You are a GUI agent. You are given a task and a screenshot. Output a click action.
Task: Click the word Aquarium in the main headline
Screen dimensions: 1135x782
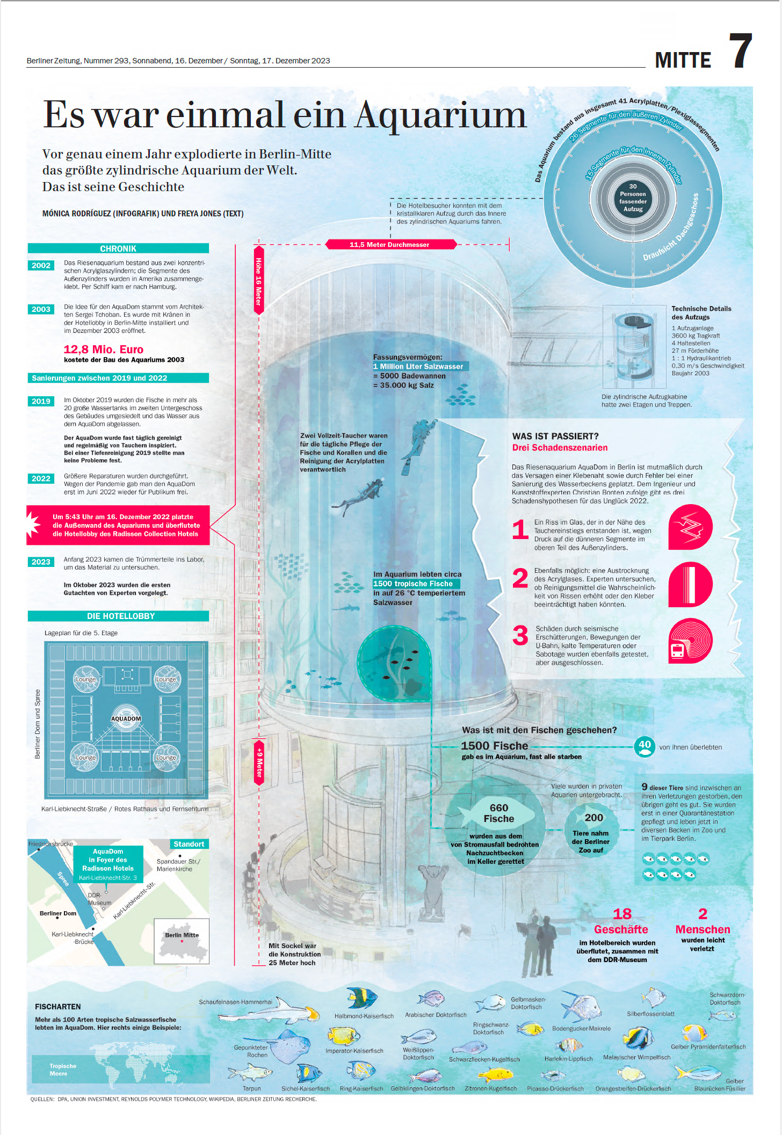click(440, 115)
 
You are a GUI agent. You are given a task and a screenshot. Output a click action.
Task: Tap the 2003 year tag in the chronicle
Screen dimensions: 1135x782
click(41, 309)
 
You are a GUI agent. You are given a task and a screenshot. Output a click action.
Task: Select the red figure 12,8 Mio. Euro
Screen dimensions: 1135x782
click(104, 350)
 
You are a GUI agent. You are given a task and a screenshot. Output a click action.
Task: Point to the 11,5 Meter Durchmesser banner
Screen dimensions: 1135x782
click(390, 245)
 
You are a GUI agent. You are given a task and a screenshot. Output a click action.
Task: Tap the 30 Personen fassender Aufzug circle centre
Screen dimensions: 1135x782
click(633, 198)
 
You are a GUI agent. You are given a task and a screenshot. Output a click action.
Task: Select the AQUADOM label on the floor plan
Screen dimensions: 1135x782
click(126, 718)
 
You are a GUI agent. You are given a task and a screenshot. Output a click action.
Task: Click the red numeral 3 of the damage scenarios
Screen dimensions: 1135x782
click(520, 636)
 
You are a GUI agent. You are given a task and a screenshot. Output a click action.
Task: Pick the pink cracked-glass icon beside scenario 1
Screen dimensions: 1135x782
click(690, 527)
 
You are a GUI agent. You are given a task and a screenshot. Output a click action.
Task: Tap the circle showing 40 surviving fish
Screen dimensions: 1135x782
click(645, 746)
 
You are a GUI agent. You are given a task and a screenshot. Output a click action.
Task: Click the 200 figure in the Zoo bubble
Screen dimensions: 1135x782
click(593, 818)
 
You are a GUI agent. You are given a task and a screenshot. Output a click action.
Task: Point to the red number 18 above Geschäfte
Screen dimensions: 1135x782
click(622, 914)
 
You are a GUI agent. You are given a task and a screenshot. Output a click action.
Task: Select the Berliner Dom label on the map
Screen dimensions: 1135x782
click(58, 913)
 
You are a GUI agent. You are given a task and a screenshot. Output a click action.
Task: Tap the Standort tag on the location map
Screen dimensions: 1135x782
click(189, 844)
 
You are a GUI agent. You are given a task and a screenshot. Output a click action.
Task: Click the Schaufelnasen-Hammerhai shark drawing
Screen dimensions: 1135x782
click(269, 1012)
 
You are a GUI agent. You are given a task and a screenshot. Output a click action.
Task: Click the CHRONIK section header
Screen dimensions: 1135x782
click(118, 249)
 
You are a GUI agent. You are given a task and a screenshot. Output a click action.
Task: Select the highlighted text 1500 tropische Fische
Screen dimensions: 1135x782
click(413, 584)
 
